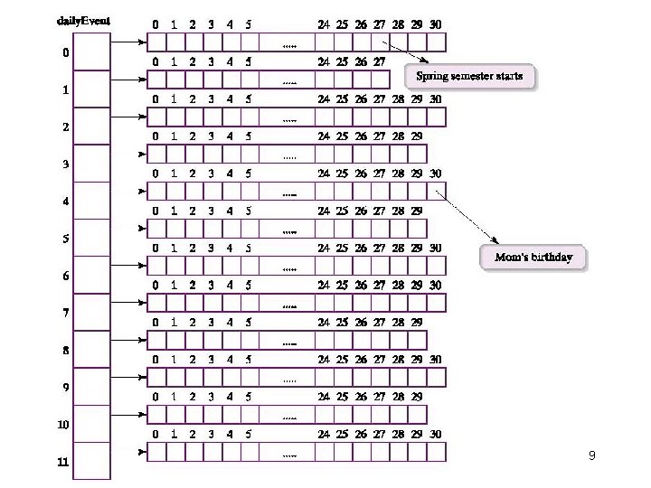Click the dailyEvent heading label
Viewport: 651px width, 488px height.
click(x=78, y=22)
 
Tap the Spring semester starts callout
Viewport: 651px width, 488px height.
click(x=469, y=76)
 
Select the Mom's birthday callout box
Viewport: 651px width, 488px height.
click(x=533, y=258)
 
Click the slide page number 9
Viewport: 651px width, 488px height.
click(x=591, y=455)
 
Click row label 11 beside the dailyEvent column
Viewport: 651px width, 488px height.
click(x=62, y=463)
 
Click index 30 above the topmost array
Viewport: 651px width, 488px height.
click(x=436, y=24)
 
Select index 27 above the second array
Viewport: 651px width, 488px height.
click(x=380, y=62)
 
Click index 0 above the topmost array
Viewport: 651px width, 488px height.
click(x=156, y=24)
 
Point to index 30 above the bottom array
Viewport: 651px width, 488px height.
click(x=436, y=434)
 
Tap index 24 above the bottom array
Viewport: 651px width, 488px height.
click(x=324, y=434)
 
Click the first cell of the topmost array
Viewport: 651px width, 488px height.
click(x=156, y=42)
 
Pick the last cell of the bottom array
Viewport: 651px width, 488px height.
click(x=436, y=451)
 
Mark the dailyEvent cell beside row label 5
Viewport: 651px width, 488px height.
click(x=91, y=238)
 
